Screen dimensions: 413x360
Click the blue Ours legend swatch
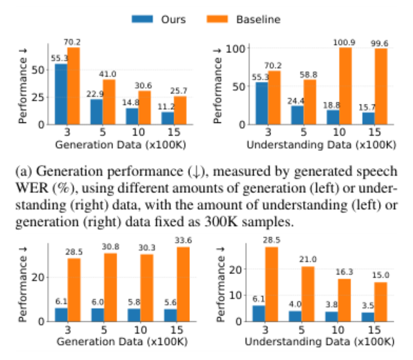pos(142,19)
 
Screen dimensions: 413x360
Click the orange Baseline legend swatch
pos(217,19)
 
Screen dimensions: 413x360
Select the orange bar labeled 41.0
pos(109,102)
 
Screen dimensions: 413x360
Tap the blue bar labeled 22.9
pos(96,112)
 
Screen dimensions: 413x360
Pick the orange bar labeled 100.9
pos(346,86)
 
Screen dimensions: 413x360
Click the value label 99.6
pos(380,43)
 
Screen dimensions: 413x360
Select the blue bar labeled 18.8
pos(333,117)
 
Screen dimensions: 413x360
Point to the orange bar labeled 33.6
pos(183,284)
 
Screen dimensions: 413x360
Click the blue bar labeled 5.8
pos(134,315)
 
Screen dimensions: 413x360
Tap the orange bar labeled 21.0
pos(308,294)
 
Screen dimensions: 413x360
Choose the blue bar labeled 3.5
pos(368,317)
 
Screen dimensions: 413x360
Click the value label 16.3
pos(344,272)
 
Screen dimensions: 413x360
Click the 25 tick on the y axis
pos(38,97)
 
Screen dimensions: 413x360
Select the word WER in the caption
pos(32,188)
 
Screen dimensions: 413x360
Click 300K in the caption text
pos(221,222)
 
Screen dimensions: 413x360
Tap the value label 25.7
pos(179,91)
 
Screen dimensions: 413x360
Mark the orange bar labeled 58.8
pos(310,102)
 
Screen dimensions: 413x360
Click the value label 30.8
pos(110,247)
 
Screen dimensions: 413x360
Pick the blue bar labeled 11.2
pos(168,118)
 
